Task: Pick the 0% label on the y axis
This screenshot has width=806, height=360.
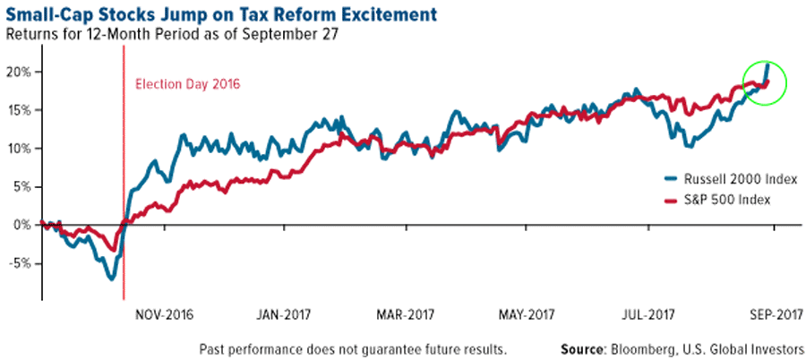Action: tap(24, 225)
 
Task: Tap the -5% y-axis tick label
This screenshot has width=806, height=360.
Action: tap(21, 263)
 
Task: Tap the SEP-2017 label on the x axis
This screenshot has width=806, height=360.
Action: tap(769, 314)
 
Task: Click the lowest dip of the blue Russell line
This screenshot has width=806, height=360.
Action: tap(112, 279)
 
